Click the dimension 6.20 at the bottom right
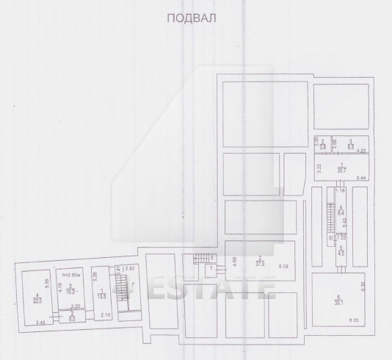point(353,321)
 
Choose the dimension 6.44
point(360,179)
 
